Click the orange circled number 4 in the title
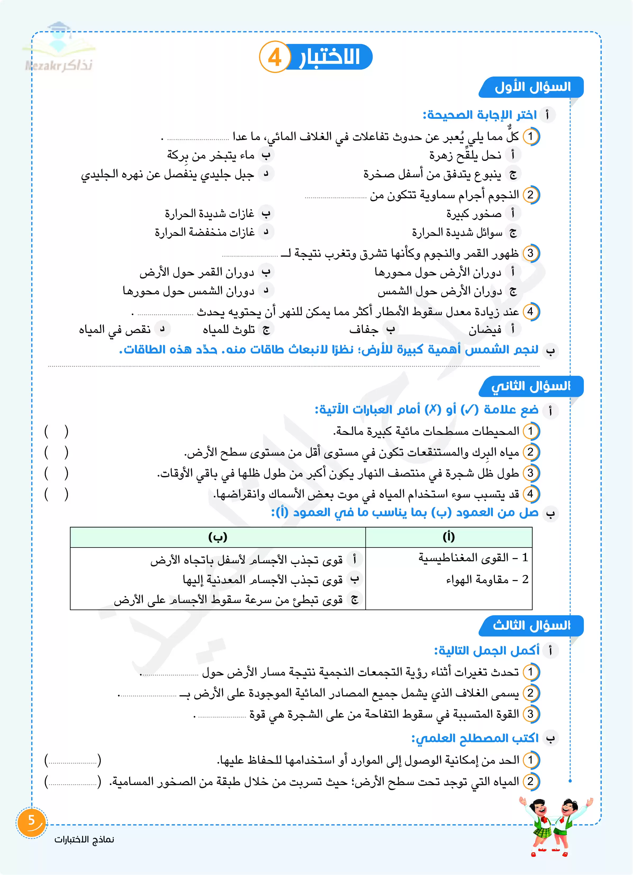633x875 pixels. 274,57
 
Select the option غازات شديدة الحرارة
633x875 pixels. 210,213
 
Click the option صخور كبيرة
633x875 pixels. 474,213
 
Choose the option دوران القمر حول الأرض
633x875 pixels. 197,272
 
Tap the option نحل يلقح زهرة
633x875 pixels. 465,155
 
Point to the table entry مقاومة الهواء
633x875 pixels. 477,579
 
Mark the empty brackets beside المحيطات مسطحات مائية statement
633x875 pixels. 56,431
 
